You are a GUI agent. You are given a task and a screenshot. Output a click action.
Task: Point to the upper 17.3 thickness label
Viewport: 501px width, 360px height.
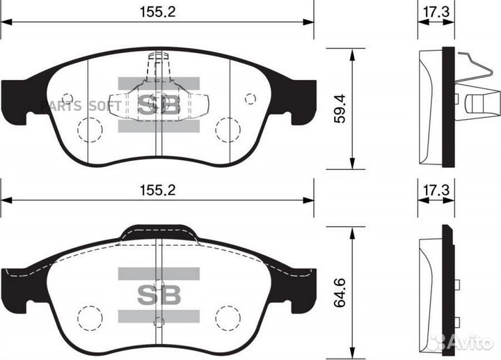coord(436,11)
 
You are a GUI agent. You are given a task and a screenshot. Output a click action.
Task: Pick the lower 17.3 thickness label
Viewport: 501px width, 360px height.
coord(436,189)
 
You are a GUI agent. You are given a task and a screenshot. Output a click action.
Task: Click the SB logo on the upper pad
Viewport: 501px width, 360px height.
coord(158,105)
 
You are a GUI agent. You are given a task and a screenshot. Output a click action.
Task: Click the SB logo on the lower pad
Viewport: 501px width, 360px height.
coord(158,295)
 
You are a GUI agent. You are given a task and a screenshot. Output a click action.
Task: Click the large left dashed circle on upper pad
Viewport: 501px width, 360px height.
coord(88,130)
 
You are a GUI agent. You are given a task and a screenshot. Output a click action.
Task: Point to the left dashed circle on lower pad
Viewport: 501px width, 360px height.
coord(89,318)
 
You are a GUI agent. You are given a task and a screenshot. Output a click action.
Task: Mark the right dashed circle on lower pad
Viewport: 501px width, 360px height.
coord(228,318)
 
